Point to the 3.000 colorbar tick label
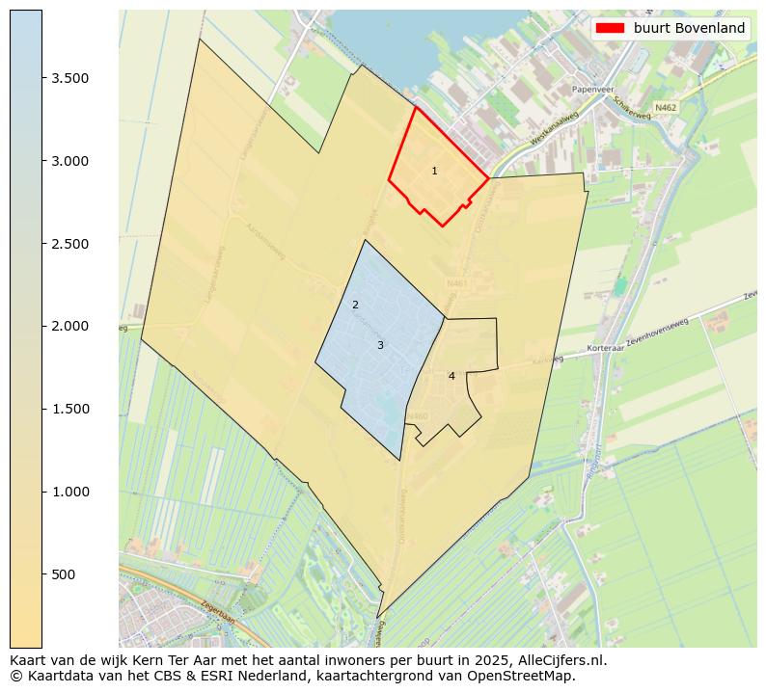tap(70, 161)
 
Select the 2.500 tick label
tap(70, 244)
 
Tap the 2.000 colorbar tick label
tap(70, 326)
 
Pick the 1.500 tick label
tap(70, 409)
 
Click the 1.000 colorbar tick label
tap(70, 492)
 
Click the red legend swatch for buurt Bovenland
tap(611, 28)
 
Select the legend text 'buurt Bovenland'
tap(689, 28)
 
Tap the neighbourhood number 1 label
tap(434, 171)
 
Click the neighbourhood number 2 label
tap(355, 305)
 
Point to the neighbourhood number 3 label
tap(380, 345)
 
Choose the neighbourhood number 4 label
tap(451, 376)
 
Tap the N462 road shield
tap(665, 108)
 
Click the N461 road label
tap(456, 284)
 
